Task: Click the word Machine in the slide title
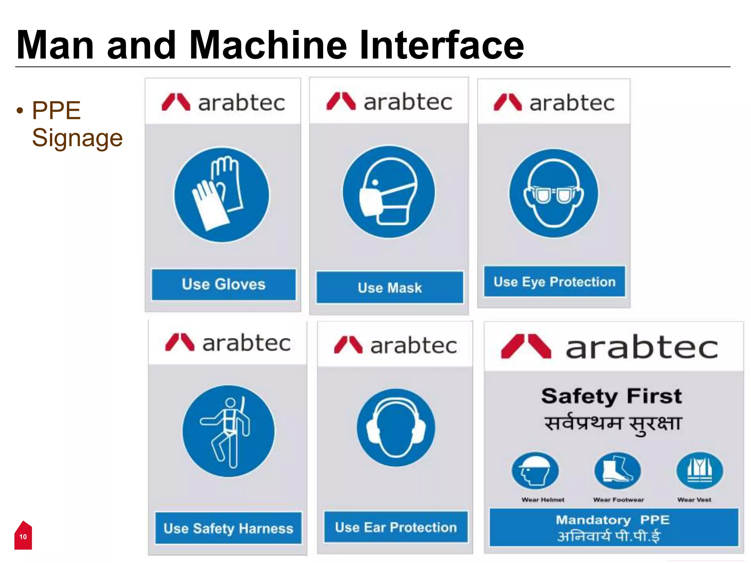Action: point(268,45)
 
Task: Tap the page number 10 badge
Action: point(23,537)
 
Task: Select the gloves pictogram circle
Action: point(221,195)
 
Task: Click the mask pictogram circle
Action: point(389,192)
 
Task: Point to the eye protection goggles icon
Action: point(553,193)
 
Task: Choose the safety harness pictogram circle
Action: point(228,431)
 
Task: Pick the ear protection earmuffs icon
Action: point(396,428)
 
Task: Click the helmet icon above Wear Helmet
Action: point(535,471)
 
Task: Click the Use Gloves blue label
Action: point(223,285)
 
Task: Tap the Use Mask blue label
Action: point(390,288)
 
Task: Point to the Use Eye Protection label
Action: point(554,281)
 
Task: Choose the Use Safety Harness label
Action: point(228,528)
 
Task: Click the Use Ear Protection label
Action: point(396,527)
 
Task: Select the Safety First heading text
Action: point(611,396)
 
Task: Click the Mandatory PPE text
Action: point(612,520)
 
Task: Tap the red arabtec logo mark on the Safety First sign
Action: point(526,346)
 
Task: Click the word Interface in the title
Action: point(442,45)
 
